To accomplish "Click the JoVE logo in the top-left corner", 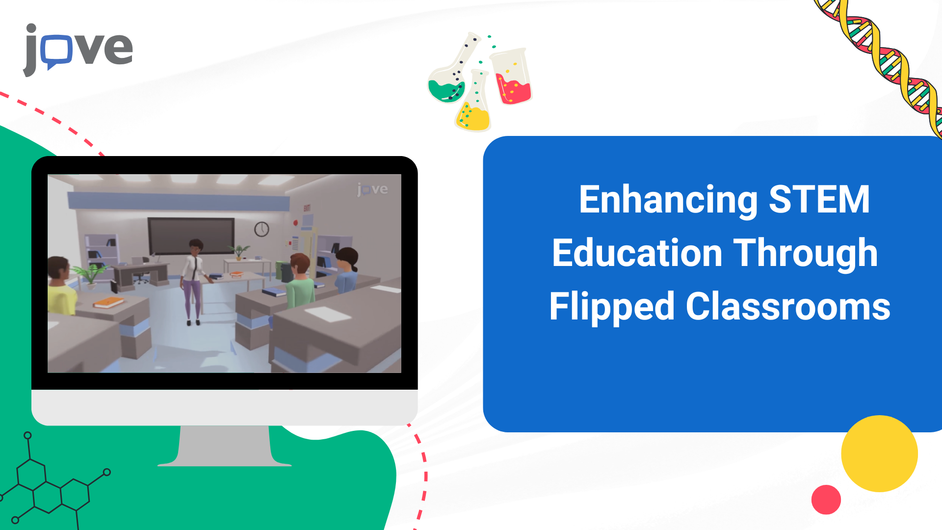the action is point(78,50).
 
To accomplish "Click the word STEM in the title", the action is point(819,200).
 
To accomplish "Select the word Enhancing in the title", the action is point(668,200).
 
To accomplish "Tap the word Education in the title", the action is point(637,253).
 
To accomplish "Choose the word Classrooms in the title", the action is point(788,307).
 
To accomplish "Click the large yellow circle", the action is point(879,453).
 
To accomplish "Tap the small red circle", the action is point(826,500).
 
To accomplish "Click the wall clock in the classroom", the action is point(262,229).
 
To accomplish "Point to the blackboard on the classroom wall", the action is point(191,236).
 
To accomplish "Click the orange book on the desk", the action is point(108,302).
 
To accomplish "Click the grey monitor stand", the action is point(225,446).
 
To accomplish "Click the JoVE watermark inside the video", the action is point(372,189).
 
